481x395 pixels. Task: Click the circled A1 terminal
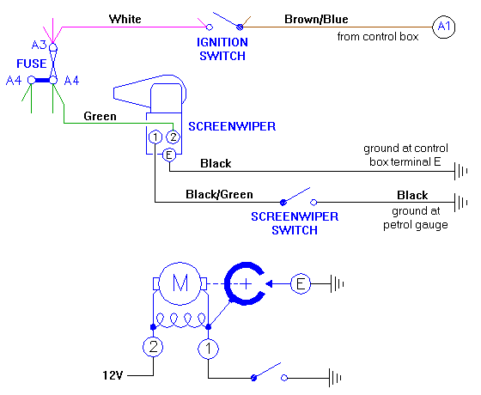(x=443, y=27)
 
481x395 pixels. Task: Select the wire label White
(x=125, y=16)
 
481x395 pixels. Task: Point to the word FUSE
(x=31, y=64)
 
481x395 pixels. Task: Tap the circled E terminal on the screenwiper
(x=169, y=155)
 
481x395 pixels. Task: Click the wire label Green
(x=100, y=116)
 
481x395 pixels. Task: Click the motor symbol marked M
(x=180, y=283)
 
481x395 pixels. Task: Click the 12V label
(x=113, y=376)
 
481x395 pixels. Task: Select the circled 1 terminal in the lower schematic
(x=208, y=349)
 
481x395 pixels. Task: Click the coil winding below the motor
(x=180, y=320)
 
